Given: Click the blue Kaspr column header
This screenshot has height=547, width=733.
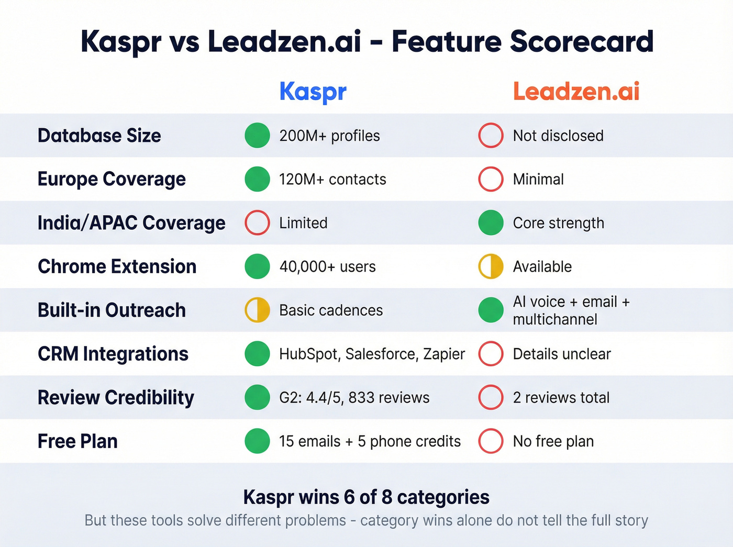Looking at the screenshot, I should click(x=313, y=92).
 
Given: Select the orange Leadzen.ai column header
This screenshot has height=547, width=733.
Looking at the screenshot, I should click(x=576, y=92).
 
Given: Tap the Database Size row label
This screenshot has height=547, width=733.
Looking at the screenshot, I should click(x=99, y=136).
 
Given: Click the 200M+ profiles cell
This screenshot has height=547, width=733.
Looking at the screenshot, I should click(x=329, y=136).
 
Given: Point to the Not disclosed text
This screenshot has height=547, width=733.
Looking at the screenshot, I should click(x=558, y=136).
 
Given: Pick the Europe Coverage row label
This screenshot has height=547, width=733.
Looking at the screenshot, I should click(x=112, y=179).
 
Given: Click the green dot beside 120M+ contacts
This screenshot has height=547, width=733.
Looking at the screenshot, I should click(x=257, y=179).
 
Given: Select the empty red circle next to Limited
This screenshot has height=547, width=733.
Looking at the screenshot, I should click(x=257, y=223).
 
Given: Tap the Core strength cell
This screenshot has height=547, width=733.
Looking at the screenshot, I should click(x=558, y=223).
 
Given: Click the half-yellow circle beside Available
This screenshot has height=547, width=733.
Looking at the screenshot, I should click(x=491, y=266).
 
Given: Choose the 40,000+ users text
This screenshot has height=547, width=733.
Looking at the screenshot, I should click(x=327, y=266).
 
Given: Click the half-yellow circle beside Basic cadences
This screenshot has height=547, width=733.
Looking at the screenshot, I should click(x=257, y=310).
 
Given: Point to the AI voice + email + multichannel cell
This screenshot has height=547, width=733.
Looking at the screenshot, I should click(x=571, y=310).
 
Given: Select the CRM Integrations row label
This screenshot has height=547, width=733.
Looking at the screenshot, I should click(x=113, y=354).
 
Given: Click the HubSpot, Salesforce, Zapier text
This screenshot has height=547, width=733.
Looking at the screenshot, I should click(x=372, y=354).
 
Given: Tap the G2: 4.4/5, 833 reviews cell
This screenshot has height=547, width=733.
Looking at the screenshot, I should click(x=354, y=398).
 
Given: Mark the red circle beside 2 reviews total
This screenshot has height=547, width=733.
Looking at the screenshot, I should click(x=491, y=398).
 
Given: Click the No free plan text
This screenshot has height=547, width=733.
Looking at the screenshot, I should click(x=553, y=441).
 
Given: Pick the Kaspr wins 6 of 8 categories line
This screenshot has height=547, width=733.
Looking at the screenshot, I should click(x=366, y=497).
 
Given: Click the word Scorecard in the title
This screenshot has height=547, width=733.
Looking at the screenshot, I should click(x=581, y=41).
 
